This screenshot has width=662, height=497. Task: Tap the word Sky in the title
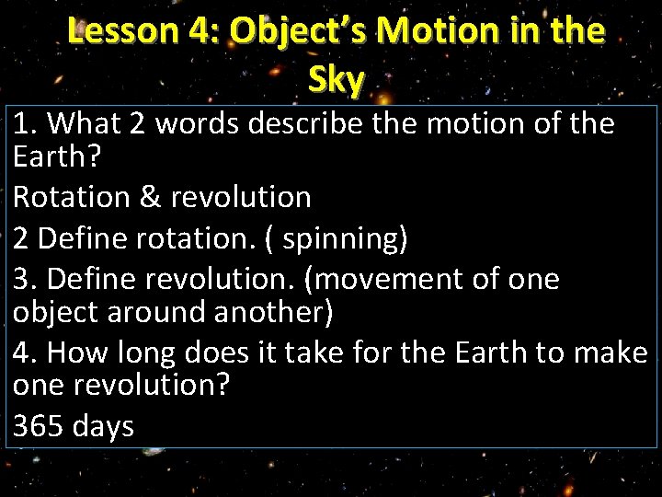pos(337,81)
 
